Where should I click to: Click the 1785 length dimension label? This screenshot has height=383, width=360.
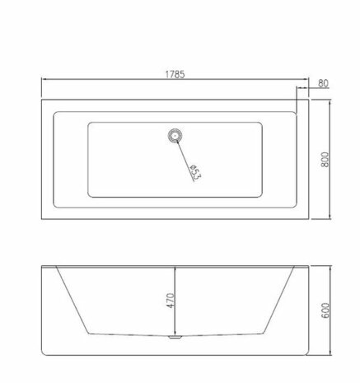click(175, 74)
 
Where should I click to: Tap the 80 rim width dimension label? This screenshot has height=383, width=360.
click(323, 83)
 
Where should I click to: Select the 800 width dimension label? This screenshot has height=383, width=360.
click(325, 159)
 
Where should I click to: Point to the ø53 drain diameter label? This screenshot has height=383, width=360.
click(195, 172)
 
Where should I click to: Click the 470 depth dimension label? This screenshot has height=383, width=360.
click(171, 301)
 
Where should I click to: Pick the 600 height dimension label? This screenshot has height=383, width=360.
click(325, 311)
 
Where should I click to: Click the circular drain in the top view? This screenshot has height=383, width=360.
click(175, 135)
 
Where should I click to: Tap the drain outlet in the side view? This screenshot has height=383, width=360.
click(175, 337)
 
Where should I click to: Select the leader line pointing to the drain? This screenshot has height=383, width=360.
click(185, 161)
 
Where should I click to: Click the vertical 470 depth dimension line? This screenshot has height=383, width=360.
click(175, 301)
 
